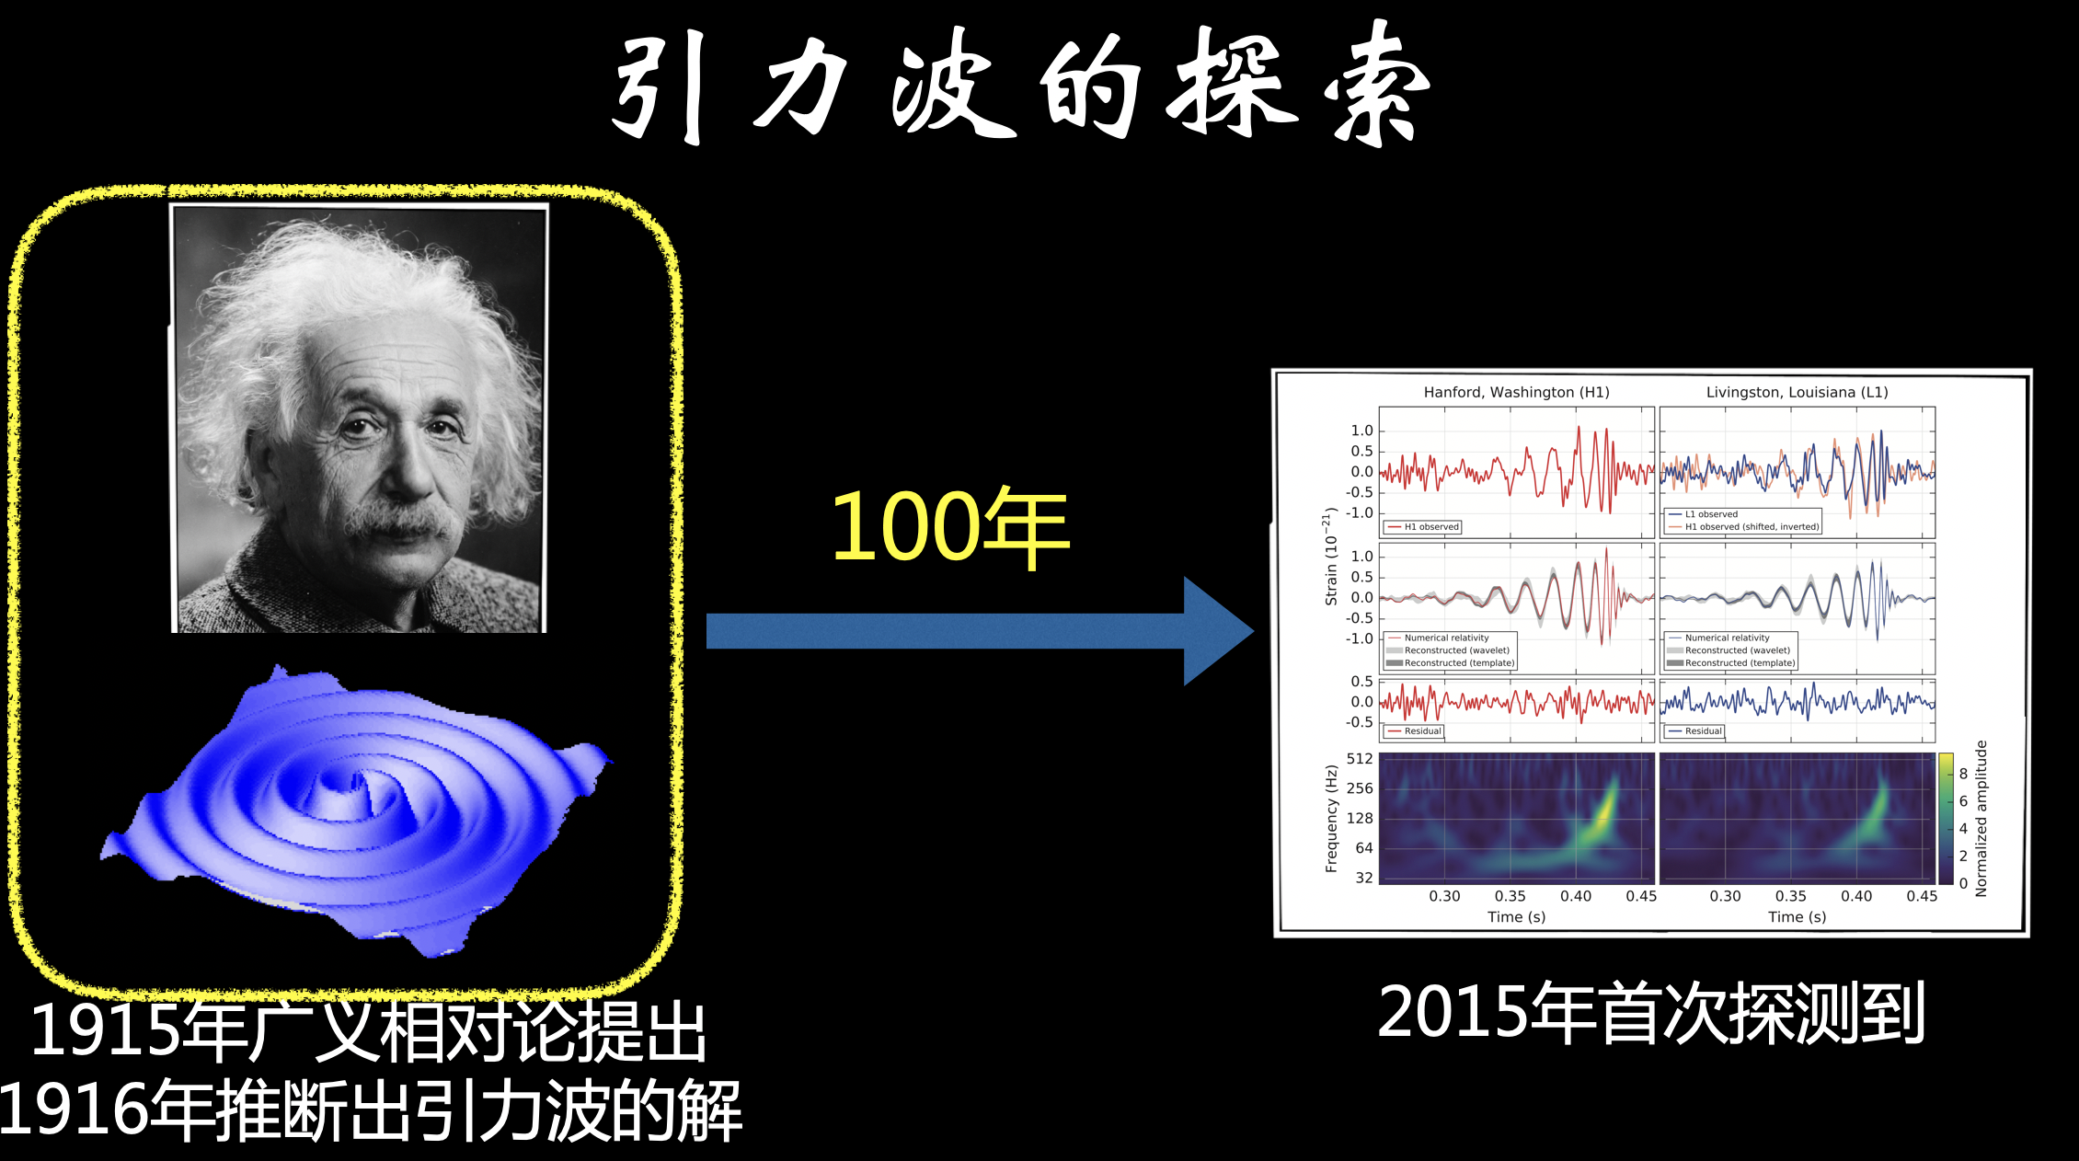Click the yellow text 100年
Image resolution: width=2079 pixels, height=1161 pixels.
(x=950, y=526)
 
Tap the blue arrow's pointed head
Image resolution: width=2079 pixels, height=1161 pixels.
(x=1252, y=631)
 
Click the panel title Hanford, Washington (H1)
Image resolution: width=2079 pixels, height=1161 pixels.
(x=1516, y=392)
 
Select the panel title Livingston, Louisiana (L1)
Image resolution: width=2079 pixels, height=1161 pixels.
(x=1797, y=392)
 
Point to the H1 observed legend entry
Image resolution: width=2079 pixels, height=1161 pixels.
(x=1422, y=527)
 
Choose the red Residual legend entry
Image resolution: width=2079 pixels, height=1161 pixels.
(x=1414, y=731)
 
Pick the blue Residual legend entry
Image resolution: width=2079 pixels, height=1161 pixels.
(x=1694, y=731)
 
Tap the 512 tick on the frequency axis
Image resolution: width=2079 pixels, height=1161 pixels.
(x=1360, y=759)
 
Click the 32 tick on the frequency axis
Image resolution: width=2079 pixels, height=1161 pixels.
(x=1364, y=878)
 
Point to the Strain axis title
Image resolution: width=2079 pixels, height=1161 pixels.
(x=1330, y=556)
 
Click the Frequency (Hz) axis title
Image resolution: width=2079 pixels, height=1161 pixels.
(x=1331, y=818)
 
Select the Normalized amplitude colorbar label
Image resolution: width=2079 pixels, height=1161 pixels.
(x=1981, y=818)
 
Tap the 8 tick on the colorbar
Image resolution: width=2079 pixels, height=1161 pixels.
(x=1963, y=774)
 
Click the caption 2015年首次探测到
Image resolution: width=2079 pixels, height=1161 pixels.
(x=1651, y=1013)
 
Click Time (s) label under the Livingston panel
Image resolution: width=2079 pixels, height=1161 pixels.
(x=1797, y=916)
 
